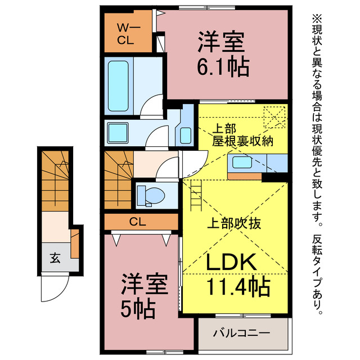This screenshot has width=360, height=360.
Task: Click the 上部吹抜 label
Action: pos(236,223)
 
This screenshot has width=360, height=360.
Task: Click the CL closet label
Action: pos(138,221)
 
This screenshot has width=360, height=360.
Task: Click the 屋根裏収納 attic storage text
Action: pos(243,141)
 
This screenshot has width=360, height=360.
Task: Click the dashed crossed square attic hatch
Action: pos(275,118)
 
